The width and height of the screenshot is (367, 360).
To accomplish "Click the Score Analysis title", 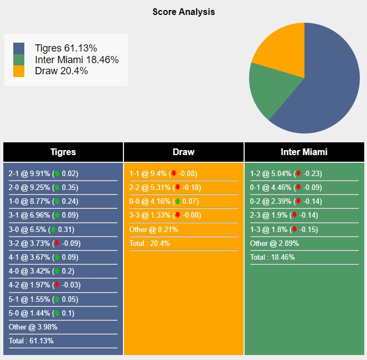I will [183, 12].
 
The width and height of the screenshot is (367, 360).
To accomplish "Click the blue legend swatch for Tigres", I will [19, 48].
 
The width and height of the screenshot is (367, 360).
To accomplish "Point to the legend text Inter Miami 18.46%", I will [76, 60].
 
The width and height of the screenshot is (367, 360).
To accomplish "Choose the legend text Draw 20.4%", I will [61, 71].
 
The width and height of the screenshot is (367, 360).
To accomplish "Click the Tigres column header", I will [63, 152].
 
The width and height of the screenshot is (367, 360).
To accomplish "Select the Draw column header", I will [183, 152].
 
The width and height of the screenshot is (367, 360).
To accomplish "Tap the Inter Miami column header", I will [304, 152].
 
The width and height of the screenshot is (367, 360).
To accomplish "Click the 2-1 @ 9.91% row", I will [43, 173].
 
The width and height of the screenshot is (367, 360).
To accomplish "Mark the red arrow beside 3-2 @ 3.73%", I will [56, 243].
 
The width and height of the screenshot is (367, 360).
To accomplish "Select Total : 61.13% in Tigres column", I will [31, 341].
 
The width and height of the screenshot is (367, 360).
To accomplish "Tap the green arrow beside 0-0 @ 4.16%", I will [177, 202].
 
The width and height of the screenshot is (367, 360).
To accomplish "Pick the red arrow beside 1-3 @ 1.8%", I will [294, 229].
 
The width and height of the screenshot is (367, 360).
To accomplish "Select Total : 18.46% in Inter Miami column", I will [272, 257].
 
